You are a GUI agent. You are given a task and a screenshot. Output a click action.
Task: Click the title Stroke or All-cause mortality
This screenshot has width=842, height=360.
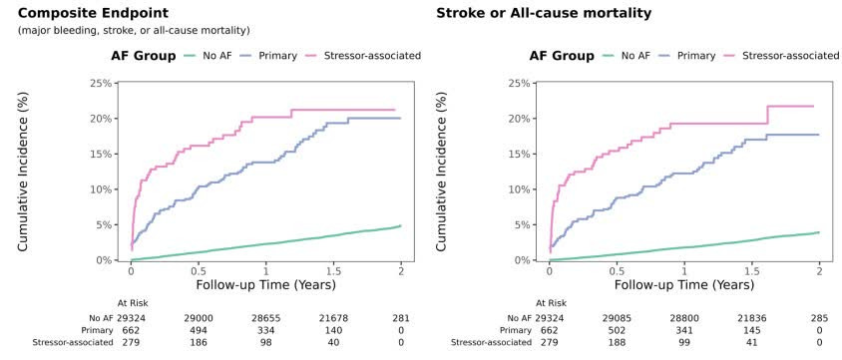[x=544, y=12]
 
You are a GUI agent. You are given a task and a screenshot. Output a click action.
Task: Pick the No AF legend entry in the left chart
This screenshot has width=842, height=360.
[x=209, y=55]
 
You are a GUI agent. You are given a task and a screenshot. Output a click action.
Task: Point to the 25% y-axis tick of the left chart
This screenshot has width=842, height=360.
[x=102, y=83]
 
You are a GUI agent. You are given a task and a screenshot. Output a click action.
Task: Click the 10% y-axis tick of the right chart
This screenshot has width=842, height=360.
[x=520, y=189]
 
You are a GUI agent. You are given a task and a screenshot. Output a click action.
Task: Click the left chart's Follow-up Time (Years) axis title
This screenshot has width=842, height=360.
[x=265, y=284]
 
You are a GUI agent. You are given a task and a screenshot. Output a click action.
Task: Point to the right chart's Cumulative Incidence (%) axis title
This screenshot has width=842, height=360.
[x=441, y=172]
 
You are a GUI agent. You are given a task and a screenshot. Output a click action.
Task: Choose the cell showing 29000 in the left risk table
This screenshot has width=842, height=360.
[x=199, y=317]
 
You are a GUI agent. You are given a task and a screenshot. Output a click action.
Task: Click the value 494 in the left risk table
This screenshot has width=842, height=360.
[x=199, y=330]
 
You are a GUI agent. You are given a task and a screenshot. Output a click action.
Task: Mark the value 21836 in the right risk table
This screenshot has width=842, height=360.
[x=751, y=317]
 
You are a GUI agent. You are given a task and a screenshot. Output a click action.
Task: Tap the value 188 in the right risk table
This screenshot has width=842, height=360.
[x=617, y=342]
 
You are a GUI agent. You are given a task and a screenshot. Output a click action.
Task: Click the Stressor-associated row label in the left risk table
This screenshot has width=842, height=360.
[x=73, y=342]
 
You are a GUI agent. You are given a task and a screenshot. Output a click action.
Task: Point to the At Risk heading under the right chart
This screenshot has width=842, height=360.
[x=551, y=303]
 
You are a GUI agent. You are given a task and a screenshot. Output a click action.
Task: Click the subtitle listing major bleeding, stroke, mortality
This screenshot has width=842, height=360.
[x=134, y=31]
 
